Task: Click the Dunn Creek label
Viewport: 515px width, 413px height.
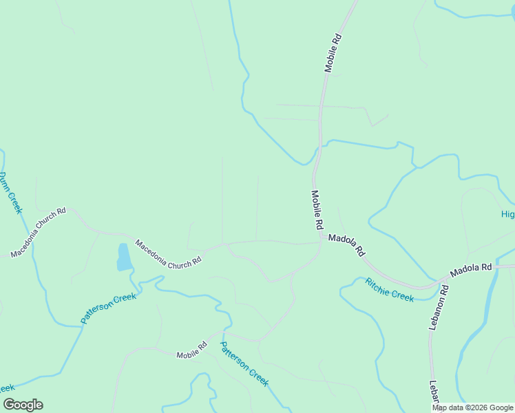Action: pyautogui.click(x=11, y=193)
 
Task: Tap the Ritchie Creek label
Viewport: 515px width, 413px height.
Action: pyautogui.click(x=389, y=289)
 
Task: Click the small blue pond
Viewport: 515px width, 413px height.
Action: pyautogui.click(x=124, y=257)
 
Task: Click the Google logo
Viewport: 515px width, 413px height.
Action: pyautogui.click(x=23, y=405)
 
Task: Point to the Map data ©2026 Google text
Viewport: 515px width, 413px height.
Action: pyautogui.click(x=472, y=407)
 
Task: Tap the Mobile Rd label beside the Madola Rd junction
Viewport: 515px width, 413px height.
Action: pyautogui.click(x=317, y=210)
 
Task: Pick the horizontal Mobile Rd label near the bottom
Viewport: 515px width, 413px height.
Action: pyautogui.click(x=191, y=351)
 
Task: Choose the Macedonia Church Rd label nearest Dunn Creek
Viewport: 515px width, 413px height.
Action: pyautogui.click(x=38, y=233)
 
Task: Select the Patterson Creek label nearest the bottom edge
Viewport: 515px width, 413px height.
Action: pyautogui.click(x=244, y=364)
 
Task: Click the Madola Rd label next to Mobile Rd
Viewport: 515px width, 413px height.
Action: pyautogui.click(x=346, y=245)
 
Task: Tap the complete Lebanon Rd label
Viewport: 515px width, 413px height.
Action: pyautogui.click(x=439, y=307)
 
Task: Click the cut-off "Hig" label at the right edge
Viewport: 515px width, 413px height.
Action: pyautogui.click(x=507, y=215)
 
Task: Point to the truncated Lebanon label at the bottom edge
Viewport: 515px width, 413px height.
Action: pyautogui.click(x=434, y=394)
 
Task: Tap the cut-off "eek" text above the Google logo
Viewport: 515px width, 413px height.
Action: pyautogui.click(x=8, y=388)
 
